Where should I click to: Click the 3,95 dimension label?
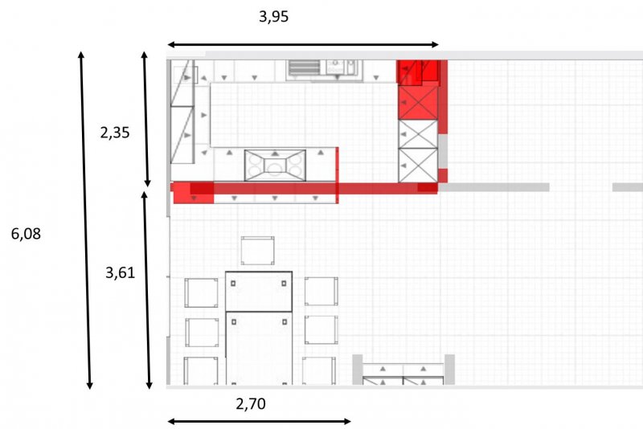pos(273,17)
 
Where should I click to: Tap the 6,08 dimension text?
pos(26,234)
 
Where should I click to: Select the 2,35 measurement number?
pos(115,133)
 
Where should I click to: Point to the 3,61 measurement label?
pos(120,273)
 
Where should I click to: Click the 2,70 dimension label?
pos(251,404)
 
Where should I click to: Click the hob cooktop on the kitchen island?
pos(275,165)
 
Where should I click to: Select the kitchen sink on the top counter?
pos(342,67)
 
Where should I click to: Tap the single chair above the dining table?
pos(257,251)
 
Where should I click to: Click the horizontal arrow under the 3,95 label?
pos(303,45)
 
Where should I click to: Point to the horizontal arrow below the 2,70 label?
pos(259,421)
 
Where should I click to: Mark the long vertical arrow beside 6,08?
pos(85,220)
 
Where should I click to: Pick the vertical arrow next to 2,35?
pos(145,119)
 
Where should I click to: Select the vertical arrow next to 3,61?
pos(146,290)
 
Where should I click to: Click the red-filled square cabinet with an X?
pos(418,103)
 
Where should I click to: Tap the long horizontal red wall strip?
pos(305,188)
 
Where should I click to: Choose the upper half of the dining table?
pos(259,291)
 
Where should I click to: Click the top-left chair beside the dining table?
pos(201,292)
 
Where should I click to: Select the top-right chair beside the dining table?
pos(321,292)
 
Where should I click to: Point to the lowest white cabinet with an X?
pos(418,165)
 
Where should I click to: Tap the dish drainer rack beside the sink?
pos(304,67)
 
